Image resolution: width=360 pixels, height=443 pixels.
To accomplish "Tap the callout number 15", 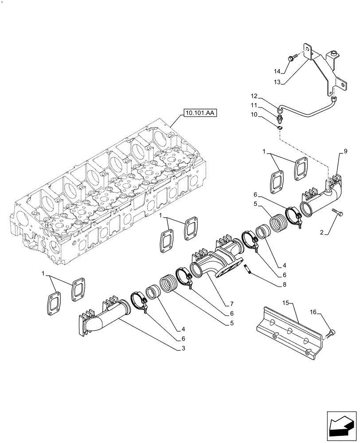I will point(286,302).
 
